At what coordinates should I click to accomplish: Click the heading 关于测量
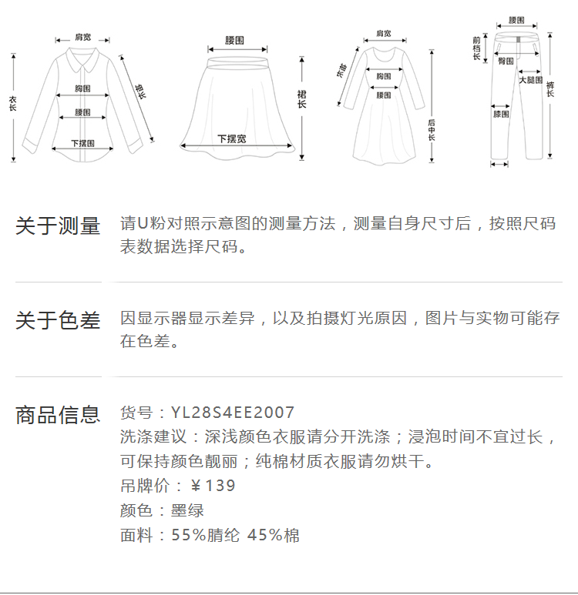58,226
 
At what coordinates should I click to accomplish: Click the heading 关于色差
58,320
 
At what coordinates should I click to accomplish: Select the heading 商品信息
58,415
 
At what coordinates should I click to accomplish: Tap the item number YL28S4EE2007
233,413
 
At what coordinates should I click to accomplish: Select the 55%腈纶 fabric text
205,536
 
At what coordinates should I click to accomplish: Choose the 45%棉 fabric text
274,536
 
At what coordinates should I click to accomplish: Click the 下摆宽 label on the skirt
231,139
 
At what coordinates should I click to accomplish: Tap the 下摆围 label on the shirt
82,143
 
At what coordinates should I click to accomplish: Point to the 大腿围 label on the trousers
530,79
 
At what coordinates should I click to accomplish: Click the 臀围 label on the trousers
506,60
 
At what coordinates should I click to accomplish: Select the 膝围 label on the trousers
501,114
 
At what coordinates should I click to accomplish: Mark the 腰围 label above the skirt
235,39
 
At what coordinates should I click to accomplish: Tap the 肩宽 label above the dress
383,33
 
